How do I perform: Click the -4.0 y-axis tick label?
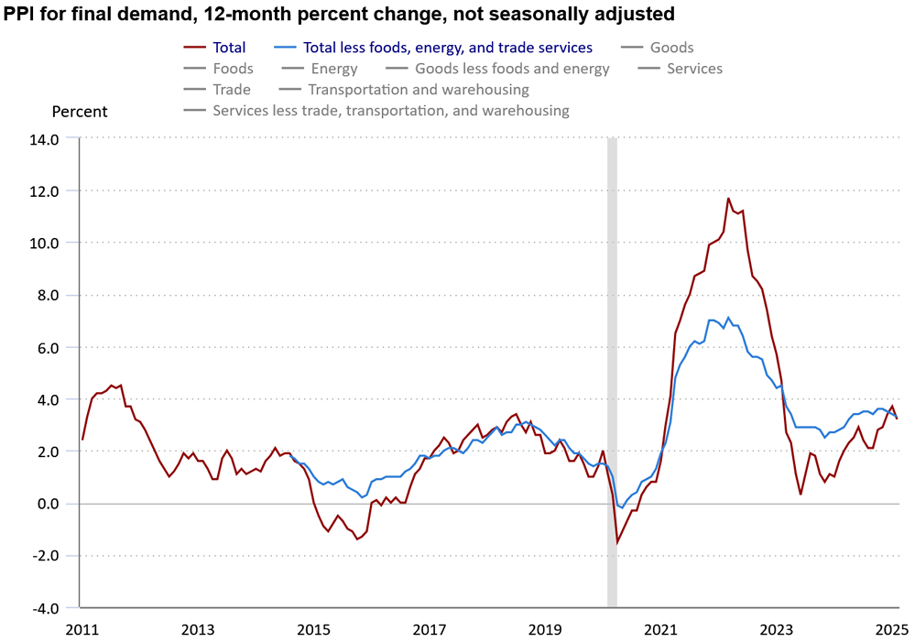[x=44, y=608]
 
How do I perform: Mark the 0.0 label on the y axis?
[x=46, y=504]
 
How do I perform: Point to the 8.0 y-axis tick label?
[x=46, y=296]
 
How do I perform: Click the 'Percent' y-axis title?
[x=80, y=112]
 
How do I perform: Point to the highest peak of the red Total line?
[x=728, y=198]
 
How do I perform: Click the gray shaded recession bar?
[x=612, y=366]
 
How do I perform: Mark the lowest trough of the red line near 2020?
[x=617, y=542]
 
